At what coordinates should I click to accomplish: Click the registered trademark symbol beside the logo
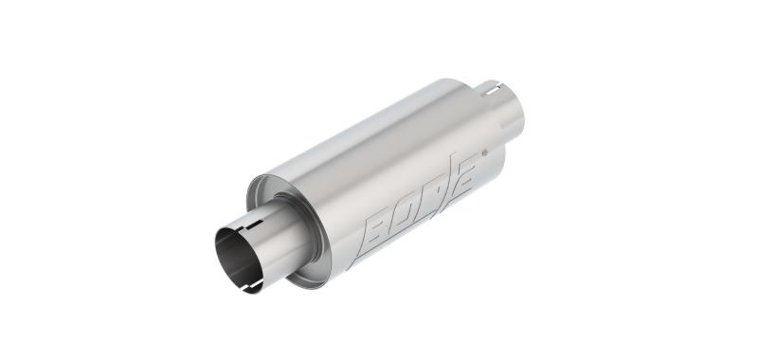(486, 152)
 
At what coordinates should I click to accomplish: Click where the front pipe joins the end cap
(301, 227)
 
